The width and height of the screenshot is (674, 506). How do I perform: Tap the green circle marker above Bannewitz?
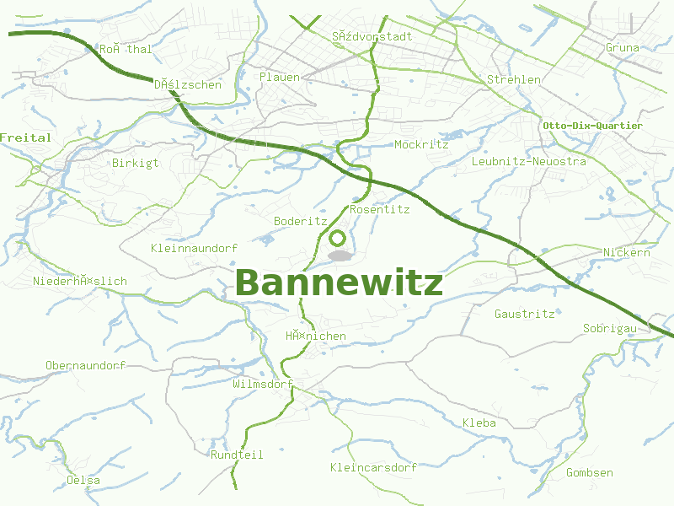pyautogui.click(x=338, y=239)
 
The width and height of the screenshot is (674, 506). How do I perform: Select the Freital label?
pyautogui.click(x=25, y=137)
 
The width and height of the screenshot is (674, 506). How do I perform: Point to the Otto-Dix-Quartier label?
pyautogui.click(x=592, y=126)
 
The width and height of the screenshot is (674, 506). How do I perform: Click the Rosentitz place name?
pyautogui.click(x=379, y=209)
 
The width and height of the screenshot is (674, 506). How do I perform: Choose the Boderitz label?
pyautogui.click(x=300, y=221)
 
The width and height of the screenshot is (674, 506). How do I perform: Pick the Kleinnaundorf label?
pyautogui.click(x=194, y=248)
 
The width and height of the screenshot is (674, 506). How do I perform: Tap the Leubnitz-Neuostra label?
pyautogui.click(x=529, y=161)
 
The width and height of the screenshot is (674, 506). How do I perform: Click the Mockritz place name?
pyautogui.click(x=421, y=144)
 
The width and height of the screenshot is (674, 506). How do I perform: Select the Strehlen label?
pyautogui.click(x=514, y=79)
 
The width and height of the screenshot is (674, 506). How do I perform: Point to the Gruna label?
pyautogui.click(x=623, y=48)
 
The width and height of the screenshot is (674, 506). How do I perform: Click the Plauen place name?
pyautogui.click(x=280, y=77)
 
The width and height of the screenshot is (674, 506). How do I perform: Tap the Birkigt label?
pyautogui.click(x=135, y=163)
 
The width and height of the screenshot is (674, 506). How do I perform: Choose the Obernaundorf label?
pyautogui.click(x=85, y=365)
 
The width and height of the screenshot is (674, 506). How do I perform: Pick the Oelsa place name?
pyautogui.click(x=83, y=481)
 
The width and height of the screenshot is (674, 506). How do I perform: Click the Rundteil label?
pyautogui.click(x=237, y=455)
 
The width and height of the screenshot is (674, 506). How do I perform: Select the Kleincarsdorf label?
pyautogui.click(x=374, y=467)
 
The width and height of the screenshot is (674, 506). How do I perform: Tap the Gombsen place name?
pyautogui.click(x=590, y=472)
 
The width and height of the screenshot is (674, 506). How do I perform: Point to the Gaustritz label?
pyautogui.click(x=525, y=314)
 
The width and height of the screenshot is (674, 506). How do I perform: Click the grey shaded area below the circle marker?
pyautogui.click(x=339, y=255)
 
